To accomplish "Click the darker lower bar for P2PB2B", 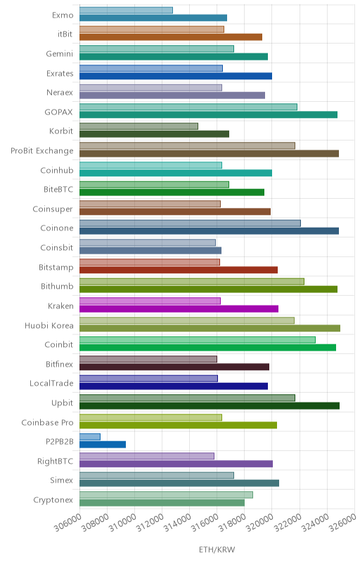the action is point(103,445).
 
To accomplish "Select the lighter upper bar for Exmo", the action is point(127,10).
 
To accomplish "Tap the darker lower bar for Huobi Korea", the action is point(210,328).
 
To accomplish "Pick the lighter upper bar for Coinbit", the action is point(198,340).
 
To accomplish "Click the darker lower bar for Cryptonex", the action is point(162,502).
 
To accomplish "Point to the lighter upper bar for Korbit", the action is point(139,126).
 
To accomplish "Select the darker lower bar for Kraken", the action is point(179,308).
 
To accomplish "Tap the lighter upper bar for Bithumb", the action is point(192,282).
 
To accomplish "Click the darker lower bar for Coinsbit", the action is point(150,251).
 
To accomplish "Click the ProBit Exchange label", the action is point(42,150).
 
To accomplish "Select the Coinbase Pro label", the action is point(47,423).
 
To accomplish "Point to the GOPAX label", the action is point(58,112).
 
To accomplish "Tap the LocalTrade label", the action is point(51,383).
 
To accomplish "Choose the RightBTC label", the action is point(56,461).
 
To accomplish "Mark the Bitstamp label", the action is point(56,268).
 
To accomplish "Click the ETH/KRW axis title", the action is point(217,549).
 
